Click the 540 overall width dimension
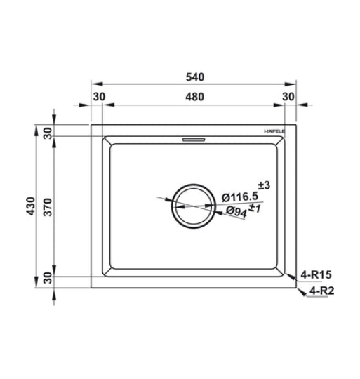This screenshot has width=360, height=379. [x=195, y=77]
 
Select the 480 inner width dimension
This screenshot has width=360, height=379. [x=195, y=97]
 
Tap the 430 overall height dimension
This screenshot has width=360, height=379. [x=31, y=206]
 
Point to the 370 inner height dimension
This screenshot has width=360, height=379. [x=48, y=207]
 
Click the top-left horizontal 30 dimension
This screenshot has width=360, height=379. [x=100, y=97]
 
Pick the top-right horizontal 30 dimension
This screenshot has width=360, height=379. [x=288, y=97]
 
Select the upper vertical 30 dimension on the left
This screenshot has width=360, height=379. [x=48, y=133]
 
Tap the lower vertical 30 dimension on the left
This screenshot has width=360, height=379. [x=48, y=278]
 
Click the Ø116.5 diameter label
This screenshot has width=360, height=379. [x=240, y=197]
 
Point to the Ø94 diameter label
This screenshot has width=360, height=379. [x=236, y=212]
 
